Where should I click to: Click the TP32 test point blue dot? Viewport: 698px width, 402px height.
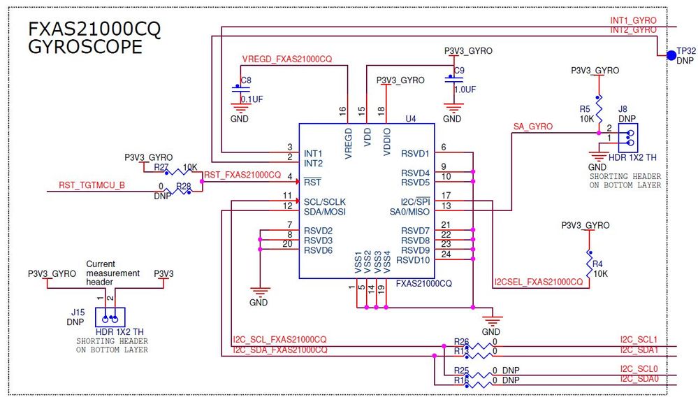coord(671,55)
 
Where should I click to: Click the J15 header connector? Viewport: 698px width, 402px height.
coord(110,316)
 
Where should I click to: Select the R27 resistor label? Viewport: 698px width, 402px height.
coord(161,168)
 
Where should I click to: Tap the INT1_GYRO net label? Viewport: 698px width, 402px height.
coord(632,20)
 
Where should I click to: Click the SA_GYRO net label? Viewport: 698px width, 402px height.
coord(532,127)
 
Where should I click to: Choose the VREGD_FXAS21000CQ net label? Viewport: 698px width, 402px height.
coord(286,59)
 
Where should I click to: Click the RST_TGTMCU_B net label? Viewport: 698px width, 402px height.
coord(92,185)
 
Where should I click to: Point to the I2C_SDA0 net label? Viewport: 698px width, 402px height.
coord(639,378)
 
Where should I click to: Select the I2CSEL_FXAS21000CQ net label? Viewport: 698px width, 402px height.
coord(538,282)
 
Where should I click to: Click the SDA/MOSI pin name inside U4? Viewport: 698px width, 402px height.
coord(325,211)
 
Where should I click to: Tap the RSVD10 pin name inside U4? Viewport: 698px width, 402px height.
coord(413,260)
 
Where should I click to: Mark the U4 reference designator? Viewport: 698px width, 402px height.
coord(410,119)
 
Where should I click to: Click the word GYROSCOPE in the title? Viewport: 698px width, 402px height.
coord(85,47)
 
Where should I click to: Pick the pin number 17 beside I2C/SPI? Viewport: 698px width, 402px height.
coord(445,196)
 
